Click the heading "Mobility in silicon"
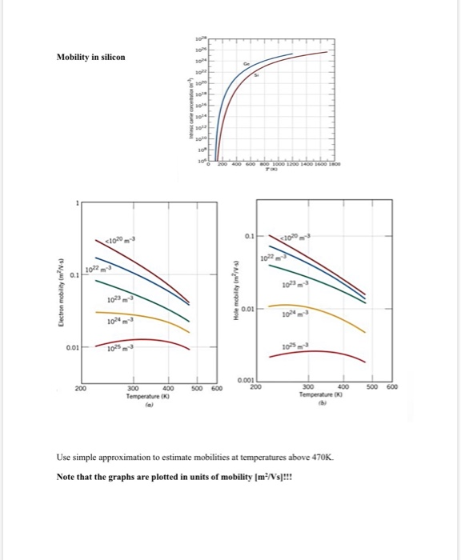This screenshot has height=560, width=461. pos(91,57)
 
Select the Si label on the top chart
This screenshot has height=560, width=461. pos(256,76)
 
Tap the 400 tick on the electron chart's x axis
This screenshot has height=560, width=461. pos(169,388)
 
